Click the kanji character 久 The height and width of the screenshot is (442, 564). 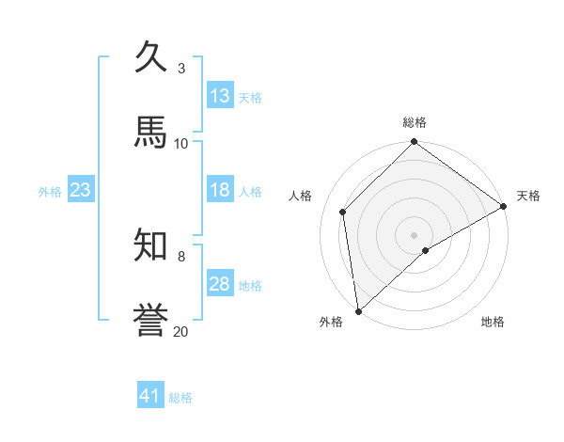coord(151,57)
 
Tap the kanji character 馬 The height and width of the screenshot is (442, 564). coord(151,132)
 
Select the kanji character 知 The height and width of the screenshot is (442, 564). coord(151,245)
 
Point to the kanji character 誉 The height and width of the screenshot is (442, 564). coord(151,320)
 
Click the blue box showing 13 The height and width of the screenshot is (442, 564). coord(220,96)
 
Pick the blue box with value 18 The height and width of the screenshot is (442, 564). coord(220,190)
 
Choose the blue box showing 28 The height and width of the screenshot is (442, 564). coord(220,284)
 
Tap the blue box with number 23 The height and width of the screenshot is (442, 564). coord(81,190)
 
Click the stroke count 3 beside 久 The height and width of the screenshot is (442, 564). coord(181,68)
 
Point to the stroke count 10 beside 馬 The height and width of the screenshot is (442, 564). coord(181,143)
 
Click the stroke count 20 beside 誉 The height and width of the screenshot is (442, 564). coord(181,331)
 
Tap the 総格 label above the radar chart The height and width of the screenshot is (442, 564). coord(415,122)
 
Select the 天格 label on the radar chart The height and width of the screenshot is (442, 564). coord(528,196)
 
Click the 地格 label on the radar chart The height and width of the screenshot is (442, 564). coord(493,322)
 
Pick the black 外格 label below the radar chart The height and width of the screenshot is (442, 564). coord(331,322)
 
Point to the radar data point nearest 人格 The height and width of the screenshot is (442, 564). coord(343,212)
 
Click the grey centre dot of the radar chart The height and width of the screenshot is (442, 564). coord(415,234)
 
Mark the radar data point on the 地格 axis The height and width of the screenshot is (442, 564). coord(426,250)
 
